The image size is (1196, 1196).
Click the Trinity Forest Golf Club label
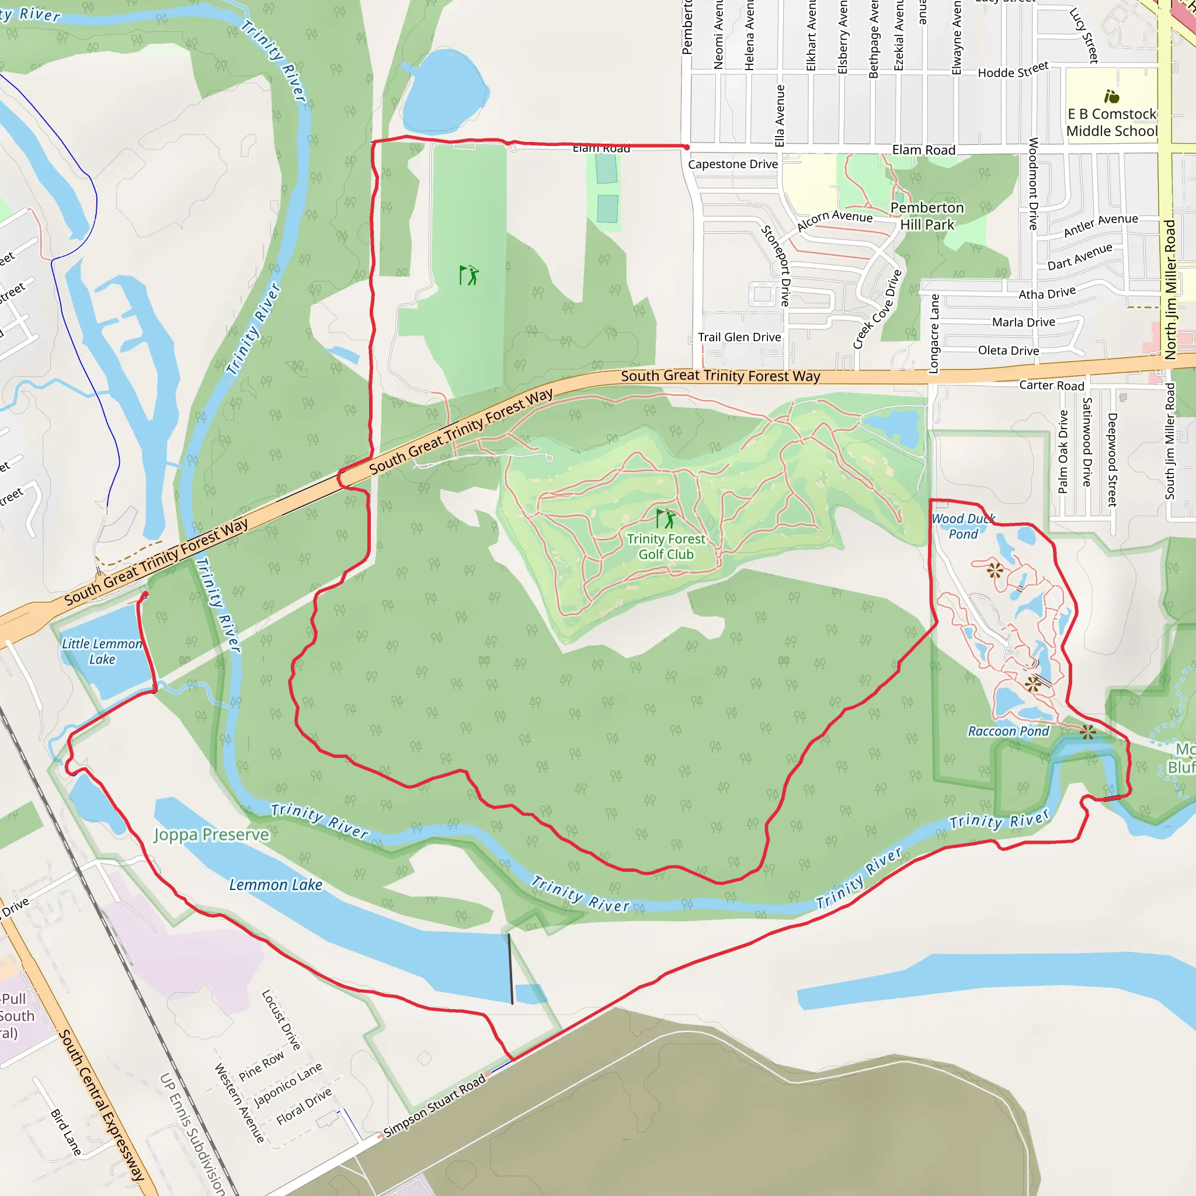click(666, 547)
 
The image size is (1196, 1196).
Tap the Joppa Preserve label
click(211, 835)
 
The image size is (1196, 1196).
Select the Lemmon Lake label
click(276, 885)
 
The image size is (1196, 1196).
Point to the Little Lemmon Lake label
click(102, 651)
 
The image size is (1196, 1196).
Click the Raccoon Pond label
click(1009, 731)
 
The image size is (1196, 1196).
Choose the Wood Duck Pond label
click(963, 526)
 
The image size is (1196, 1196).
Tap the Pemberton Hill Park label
click(927, 216)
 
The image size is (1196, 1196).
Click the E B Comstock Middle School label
click(1112, 123)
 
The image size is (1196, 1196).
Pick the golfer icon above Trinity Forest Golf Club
click(666, 518)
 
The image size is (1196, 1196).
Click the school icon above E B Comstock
click(1112, 96)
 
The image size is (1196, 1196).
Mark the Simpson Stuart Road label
click(434, 1106)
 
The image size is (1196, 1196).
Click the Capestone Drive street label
click(733, 164)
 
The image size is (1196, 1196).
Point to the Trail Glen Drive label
click(739, 337)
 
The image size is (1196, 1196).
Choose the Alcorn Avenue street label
click(835, 219)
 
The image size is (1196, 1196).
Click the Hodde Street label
click(1013, 70)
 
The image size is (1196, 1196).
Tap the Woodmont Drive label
click(1033, 184)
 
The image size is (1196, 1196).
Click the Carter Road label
click(1052, 385)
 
